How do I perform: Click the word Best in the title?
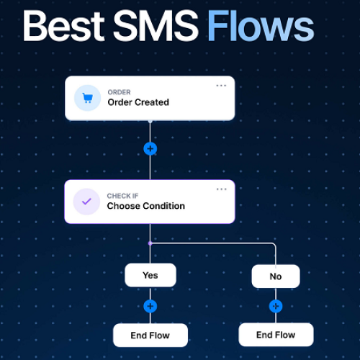(63, 26)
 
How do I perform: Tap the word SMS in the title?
(156, 26)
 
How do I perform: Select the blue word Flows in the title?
(261, 26)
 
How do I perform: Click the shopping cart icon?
(87, 98)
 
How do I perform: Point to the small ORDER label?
(119, 92)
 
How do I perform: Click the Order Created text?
(138, 102)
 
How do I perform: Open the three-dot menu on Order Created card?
(221, 86)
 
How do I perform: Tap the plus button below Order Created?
(150, 149)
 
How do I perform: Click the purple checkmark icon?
(86, 202)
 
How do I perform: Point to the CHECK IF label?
(122, 196)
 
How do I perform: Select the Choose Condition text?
(146, 206)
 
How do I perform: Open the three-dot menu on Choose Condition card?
(221, 189)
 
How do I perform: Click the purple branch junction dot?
(150, 243)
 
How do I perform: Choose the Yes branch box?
(150, 275)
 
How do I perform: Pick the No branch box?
(276, 276)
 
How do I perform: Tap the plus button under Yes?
(150, 306)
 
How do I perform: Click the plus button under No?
(276, 306)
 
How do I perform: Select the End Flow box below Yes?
(150, 336)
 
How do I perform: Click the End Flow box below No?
(276, 335)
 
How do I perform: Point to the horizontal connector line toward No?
(212, 243)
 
